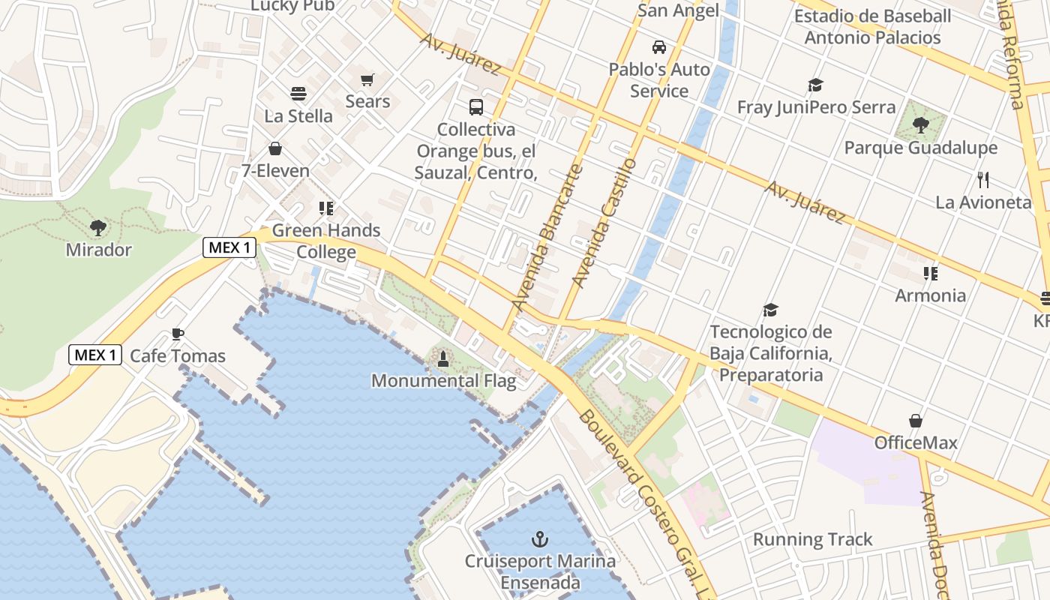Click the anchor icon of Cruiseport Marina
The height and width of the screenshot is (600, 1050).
click(x=538, y=538)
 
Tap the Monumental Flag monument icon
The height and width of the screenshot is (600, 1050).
click(x=443, y=359)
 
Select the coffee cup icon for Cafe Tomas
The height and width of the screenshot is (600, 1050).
click(x=178, y=334)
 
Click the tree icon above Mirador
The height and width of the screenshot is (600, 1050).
click(x=98, y=227)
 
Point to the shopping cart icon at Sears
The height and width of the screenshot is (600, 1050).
click(x=367, y=79)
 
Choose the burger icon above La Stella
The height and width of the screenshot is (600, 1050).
click(x=298, y=94)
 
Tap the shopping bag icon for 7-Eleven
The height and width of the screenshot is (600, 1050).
click(x=275, y=148)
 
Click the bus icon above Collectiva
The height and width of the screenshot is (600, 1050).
click(x=476, y=107)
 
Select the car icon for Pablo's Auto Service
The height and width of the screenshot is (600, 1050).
click(x=659, y=47)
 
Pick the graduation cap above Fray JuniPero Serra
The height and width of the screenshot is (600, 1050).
click(x=815, y=85)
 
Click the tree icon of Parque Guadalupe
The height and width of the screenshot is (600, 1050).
click(x=921, y=125)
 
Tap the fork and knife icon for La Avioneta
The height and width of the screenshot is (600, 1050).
click(x=984, y=180)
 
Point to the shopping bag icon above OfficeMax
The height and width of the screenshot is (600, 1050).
click(x=916, y=421)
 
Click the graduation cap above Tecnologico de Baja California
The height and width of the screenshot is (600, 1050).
click(x=770, y=310)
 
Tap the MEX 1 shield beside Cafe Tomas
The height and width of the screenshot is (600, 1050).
click(x=95, y=355)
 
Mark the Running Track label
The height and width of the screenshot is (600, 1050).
click(x=813, y=539)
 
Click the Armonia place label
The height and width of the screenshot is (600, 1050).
click(x=931, y=295)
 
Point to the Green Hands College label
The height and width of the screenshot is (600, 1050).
click(x=326, y=241)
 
